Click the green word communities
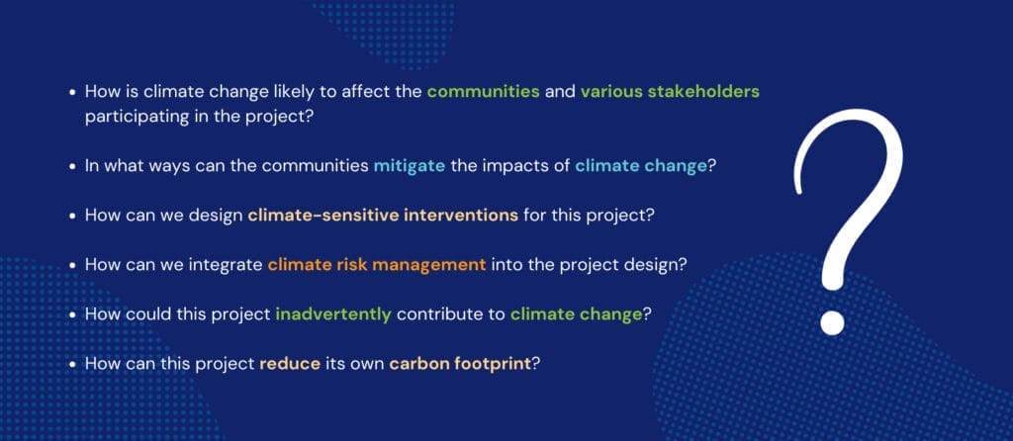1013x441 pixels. tap(483, 92)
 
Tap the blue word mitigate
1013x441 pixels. tap(410, 166)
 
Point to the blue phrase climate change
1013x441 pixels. tap(641, 166)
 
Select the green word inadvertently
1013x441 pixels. tap(333, 314)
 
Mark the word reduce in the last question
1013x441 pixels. tap(290, 364)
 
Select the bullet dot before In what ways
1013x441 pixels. tap(73, 166)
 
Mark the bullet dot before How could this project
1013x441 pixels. tap(73, 315)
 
